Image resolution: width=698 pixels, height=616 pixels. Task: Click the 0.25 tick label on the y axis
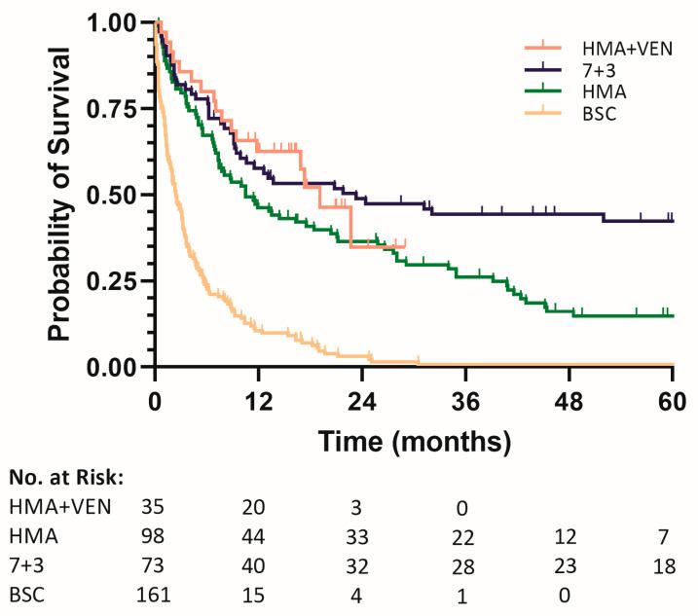pyautogui.click(x=117, y=281)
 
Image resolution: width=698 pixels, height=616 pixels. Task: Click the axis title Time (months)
pyautogui.click(x=413, y=443)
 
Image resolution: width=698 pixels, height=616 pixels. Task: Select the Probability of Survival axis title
pyautogui.click(x=62, y=195)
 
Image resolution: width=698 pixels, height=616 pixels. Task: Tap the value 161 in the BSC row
pyautogui.click(x=156, y=593)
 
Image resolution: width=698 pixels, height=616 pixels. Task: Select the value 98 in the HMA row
pyautogui.click(x=156, y=535)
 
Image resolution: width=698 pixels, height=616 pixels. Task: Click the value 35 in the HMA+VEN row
pyautogui.click(x=156, y=506)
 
